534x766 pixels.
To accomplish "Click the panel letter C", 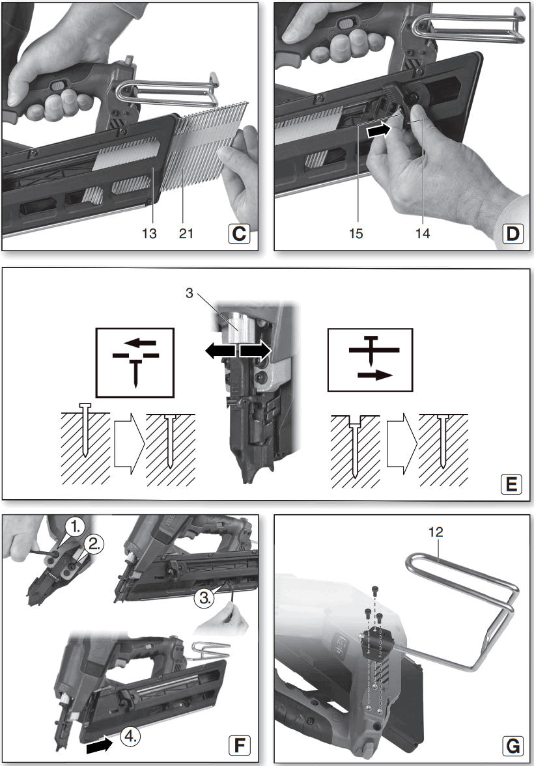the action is tap(239, 234).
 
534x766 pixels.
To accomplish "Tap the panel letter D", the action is tap(512, 234).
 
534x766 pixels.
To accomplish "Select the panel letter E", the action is tap(511, 485).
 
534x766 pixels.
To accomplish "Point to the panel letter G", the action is tap(513, 745).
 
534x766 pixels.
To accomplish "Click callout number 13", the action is tap(150, 234).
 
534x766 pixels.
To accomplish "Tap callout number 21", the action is tap(186, 234).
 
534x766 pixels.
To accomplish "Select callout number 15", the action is tap(356, 234).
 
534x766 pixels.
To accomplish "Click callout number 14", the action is tap(423, 234).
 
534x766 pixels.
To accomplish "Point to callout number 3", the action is tap(190, 293).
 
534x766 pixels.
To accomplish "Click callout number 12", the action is tap(436, 532).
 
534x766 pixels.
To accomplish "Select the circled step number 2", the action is tap(93, 544).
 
